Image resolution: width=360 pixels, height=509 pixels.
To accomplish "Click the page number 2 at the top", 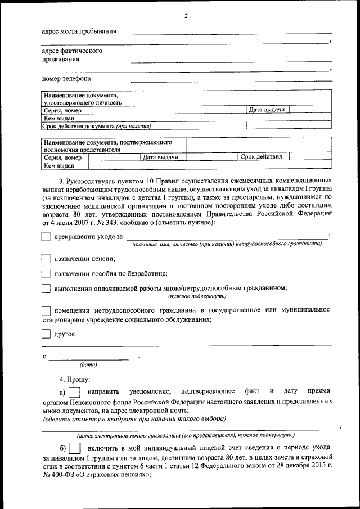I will [186, 16].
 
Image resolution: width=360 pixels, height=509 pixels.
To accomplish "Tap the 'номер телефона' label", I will [66, 79].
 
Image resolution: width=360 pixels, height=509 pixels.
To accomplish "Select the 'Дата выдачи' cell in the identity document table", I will [267, 110].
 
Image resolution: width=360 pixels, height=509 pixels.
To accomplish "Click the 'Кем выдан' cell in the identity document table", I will [59, 118].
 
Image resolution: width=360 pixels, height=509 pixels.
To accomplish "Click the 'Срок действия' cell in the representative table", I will [261, 157].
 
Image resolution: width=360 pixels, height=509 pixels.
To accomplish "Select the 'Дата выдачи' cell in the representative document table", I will [160, 157].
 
